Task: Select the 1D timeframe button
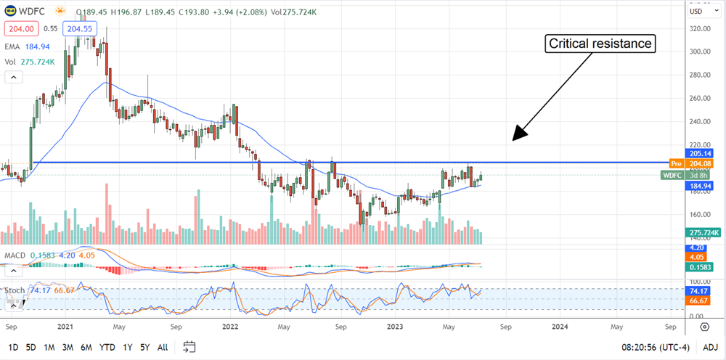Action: pyautogui.click(x=13, y=346)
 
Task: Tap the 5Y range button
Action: pyautogui.click(x=146, y=346)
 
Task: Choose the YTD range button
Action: pyautogui.click(x=107, y=346)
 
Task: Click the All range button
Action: pyautogui.click(x=163, y=346)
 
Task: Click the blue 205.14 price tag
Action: pyautogui.click(x=698, y=154)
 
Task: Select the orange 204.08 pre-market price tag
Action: pyautogui.click(x=698, y=164)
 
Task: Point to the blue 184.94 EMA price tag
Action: pyautogui.click(x=698, y=187)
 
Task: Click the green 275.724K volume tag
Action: pyautogui.click(x=701, y=232)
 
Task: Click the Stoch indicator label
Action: pyautogui.click(x=15, y=290)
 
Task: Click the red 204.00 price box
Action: pyautogui.click(x=20, y=28)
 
